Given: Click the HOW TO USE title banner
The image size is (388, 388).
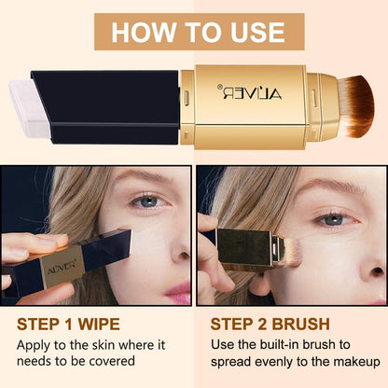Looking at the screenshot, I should [193, 32].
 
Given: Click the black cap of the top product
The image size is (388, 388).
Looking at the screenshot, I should [107, 104].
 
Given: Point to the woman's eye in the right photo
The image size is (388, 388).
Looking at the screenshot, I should [332, 219].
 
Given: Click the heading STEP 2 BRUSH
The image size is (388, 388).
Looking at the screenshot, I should [270, 325].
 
